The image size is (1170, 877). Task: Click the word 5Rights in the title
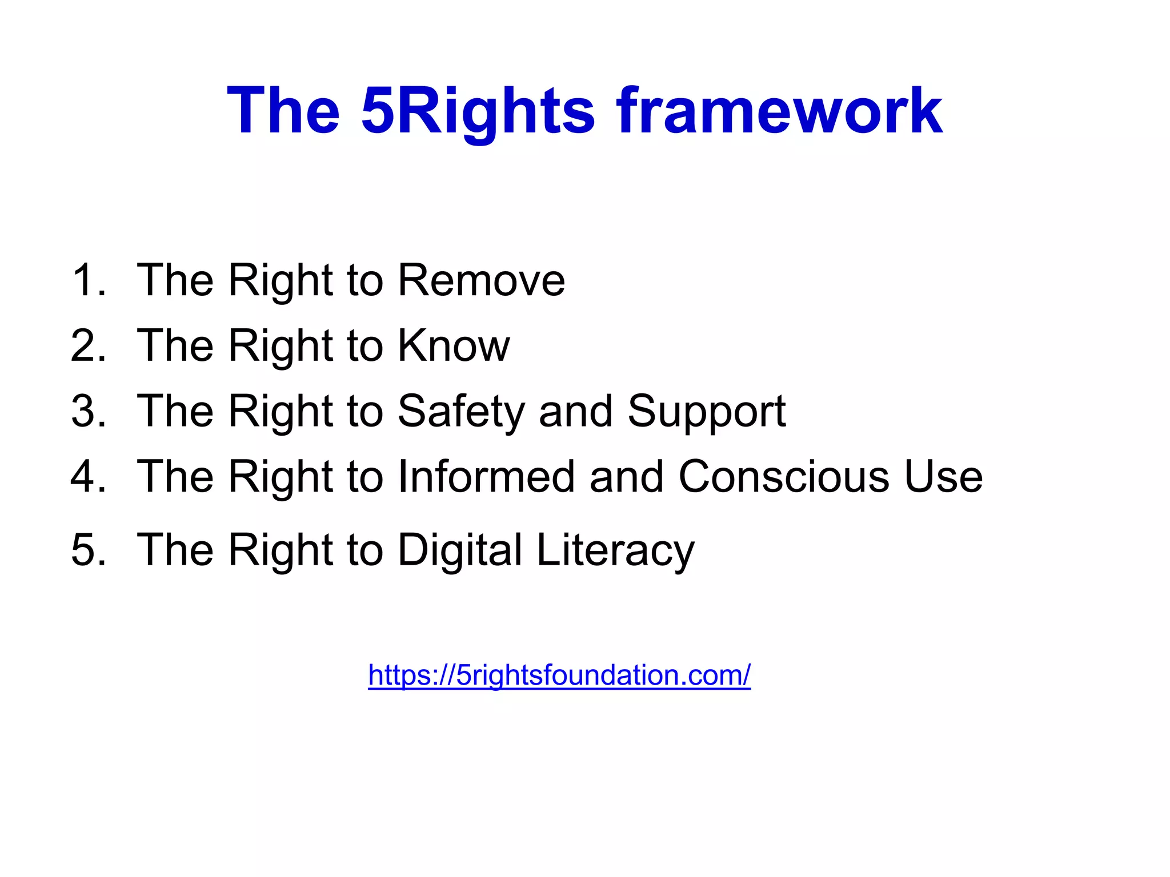(x=478, y=111)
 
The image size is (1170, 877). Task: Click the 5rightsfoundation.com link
(x=559, y=675)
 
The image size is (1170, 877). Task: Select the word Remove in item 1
(x=481, y=280)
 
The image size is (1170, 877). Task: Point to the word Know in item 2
(x=453, y=345)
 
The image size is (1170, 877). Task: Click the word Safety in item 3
(x=461, y=411)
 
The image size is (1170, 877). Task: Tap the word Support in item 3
(x=706, y=411)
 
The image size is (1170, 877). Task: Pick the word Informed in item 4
(x=486, y=476)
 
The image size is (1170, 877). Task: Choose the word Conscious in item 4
(x=783, y=476)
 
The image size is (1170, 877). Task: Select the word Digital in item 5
(x=460, y=550)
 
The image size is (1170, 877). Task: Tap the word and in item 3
(x=575, y=411)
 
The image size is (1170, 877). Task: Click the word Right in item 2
(x=281, y=345)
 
